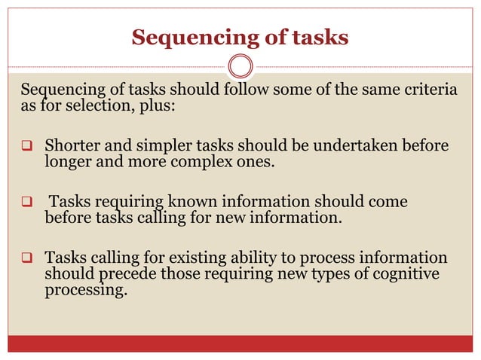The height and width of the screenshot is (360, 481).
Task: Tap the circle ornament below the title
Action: pyautogui.click(x=240, y=66)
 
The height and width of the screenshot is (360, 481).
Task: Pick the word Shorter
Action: pyautogui.click(x=73, y=145)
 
